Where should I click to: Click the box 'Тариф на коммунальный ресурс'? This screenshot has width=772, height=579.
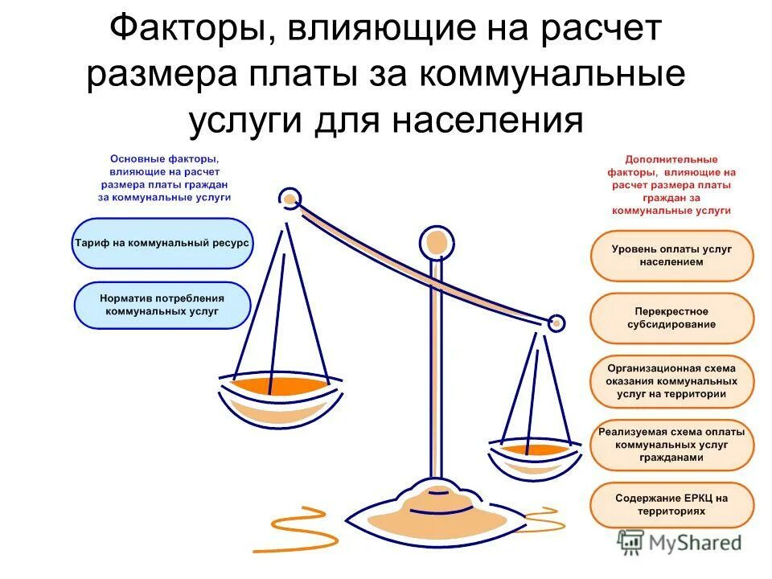pos(162,242)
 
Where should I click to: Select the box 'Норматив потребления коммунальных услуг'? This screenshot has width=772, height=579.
pos(162,304)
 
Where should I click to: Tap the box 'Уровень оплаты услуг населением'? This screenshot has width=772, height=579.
pos(671,256)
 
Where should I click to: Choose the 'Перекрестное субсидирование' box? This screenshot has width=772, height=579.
pos(671,318)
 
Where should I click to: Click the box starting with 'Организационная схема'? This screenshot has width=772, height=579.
pos(671,381)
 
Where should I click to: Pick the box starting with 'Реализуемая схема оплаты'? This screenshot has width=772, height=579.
pos(671,444)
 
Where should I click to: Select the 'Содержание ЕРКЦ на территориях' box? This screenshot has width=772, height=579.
pos(671,504)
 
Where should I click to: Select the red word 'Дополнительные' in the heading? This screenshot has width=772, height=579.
pos(671,160)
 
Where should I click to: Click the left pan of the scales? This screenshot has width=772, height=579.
pos(280,394)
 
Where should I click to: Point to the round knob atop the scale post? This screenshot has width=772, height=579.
pos(436,240)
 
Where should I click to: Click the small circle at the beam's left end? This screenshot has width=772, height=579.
pos(289,197)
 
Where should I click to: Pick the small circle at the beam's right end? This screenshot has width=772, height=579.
pos(555,323)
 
